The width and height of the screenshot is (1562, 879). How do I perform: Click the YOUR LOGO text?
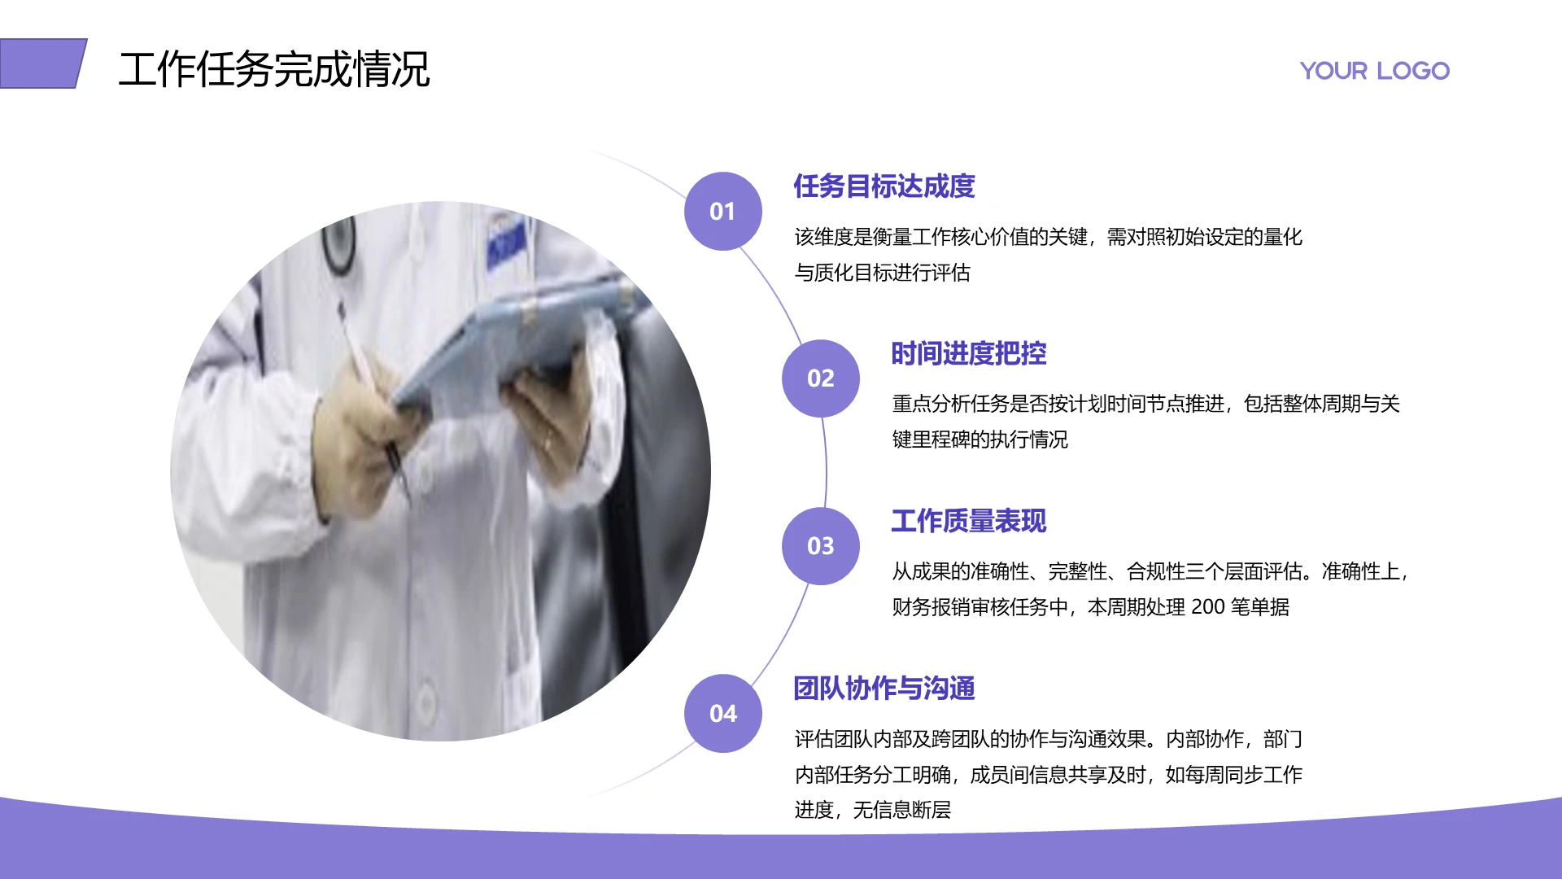(1374, 71)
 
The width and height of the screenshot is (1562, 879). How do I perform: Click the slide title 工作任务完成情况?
(273, 69)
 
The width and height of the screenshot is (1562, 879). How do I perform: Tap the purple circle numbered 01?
(722, 212)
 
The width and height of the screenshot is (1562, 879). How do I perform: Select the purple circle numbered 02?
(820, 378)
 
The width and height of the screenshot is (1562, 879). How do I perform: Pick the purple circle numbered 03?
(820, 546)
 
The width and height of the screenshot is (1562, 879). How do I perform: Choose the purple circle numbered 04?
(722, 714)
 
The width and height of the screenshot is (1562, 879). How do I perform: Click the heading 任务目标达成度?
(884, 186)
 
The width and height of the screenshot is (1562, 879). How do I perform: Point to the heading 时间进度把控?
(968, 354)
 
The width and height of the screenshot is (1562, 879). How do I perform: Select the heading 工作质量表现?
(968, 522)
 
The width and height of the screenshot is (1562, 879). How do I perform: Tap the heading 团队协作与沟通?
(884, 689)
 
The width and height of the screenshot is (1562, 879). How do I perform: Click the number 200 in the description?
(1207, 607)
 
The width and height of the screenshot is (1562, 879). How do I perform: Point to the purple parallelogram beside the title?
(42, 63)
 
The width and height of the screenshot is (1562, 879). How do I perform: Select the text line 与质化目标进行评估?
(882, 273)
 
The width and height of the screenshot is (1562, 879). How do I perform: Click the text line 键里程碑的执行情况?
(980, 439)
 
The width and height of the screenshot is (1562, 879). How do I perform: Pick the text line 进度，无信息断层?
(872, 810)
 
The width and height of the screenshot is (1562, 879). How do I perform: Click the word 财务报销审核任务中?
(980, 607)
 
